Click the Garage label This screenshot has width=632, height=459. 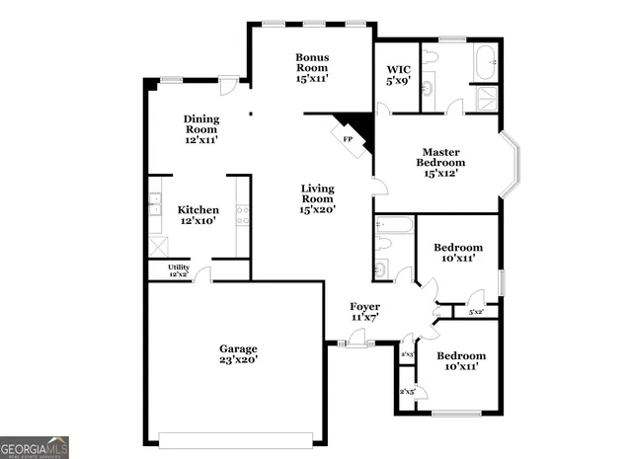click(238, 348)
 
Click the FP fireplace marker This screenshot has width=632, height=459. click(348, 139)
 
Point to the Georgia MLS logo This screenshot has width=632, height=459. click(35, 446)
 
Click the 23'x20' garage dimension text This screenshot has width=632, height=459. click(238, 361)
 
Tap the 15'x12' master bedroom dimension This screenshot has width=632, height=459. click(440, 174)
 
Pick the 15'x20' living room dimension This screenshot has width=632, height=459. click(318, 209)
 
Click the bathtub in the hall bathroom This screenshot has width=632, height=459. click(391, 225)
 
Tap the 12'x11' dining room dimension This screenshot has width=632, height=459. click(200, 140)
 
